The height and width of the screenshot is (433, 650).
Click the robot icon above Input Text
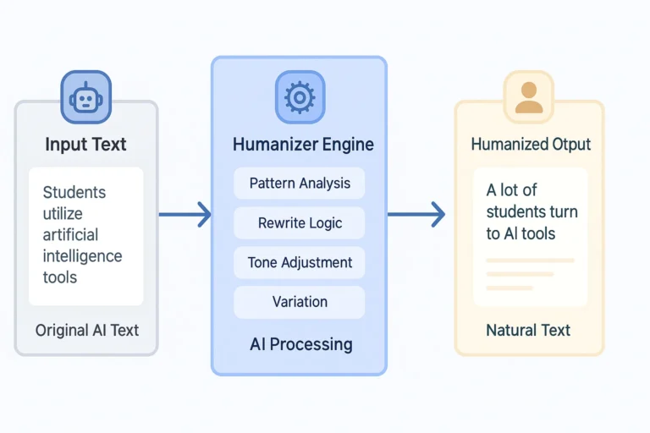click(85, 97)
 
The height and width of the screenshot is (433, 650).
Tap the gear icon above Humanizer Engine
click(299, 97)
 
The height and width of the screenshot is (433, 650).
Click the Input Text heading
click(85, 144)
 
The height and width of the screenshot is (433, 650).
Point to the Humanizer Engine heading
click(303, 145)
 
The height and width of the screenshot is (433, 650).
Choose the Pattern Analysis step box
click(300, 183)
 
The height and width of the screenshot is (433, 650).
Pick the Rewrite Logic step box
click(300, 223)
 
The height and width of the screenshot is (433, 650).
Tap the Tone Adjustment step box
click(300, 262)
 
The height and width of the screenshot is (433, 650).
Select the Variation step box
click(300, 302)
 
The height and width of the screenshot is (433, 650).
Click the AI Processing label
click(301, 344)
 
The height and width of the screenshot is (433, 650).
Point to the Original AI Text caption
click(87, 330)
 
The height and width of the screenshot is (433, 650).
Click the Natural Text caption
click(528, 330)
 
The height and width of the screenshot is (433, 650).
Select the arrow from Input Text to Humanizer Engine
click(185, 215)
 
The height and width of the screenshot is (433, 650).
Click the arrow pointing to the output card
click(416, 215)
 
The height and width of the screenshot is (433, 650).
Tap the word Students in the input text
click(74, 192)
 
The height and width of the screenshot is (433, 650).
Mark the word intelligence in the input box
click(82, 255)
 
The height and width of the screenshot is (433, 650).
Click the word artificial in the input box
click(70, 234)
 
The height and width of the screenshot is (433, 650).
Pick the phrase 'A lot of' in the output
click(511, 190)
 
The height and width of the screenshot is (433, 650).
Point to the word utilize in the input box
click(63, 213)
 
